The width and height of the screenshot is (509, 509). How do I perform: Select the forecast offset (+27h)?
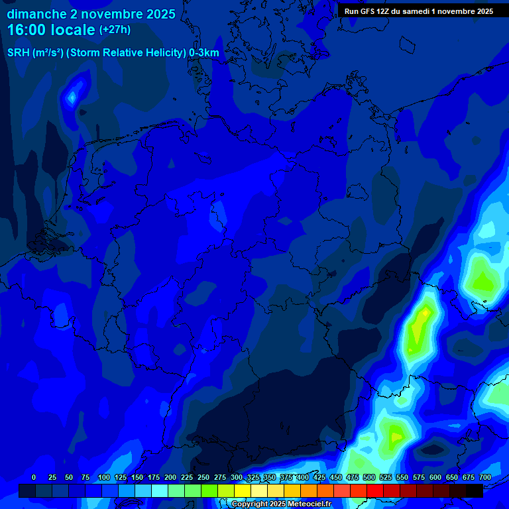115,30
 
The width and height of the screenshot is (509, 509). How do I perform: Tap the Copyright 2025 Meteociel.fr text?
281,504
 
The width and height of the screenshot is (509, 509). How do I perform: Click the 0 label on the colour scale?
34,477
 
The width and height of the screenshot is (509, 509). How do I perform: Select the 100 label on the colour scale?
104,477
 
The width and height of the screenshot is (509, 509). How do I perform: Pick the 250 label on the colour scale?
203,477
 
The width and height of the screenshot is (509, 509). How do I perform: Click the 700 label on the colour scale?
485,477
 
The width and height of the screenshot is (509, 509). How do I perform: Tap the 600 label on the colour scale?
435,477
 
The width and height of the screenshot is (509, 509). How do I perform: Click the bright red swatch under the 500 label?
375,490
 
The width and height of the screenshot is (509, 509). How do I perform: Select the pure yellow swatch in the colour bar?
243,490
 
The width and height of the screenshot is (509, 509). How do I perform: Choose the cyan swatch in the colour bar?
160,490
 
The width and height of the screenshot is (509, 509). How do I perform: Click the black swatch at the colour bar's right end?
475,490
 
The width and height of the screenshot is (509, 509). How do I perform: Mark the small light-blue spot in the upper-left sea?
72,97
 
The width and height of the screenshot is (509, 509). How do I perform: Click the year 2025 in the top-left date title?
157,14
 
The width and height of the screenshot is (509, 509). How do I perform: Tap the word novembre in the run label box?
451,11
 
